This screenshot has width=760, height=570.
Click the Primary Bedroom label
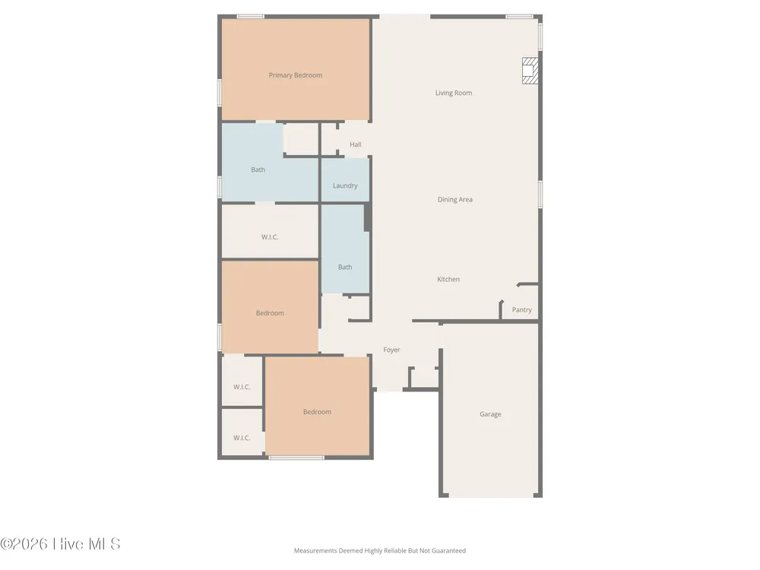click(x=295, y=75)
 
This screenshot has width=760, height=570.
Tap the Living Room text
click(x=453, y=93)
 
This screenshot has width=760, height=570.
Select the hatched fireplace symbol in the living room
click(x=530, y=71)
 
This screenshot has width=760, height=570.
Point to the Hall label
click(x=355, y=144)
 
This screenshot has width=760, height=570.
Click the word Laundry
click(x=345, y=185)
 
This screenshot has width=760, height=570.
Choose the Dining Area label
click(x=454, y=199)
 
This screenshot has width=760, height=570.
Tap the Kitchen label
click(x=448, y=279)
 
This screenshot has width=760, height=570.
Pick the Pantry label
click(x=521, y=310)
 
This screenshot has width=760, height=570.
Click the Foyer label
click(x=391, y=350)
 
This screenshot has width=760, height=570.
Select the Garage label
click(x=490, y=414)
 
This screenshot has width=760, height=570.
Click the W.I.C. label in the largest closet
click(x=270, y=237)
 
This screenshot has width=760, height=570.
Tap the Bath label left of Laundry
click(x=258, y=169)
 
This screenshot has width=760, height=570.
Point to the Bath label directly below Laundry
click(x=344, y=267)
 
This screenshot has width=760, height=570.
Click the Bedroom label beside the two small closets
click(x=317, y=412)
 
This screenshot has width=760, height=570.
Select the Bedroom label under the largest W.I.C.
click(x=270, y=313)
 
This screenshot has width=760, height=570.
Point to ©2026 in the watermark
click(x=24, y=544)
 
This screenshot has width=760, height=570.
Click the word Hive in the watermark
click(x=68, y=544)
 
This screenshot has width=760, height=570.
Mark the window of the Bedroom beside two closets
click(x=296, y=458)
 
